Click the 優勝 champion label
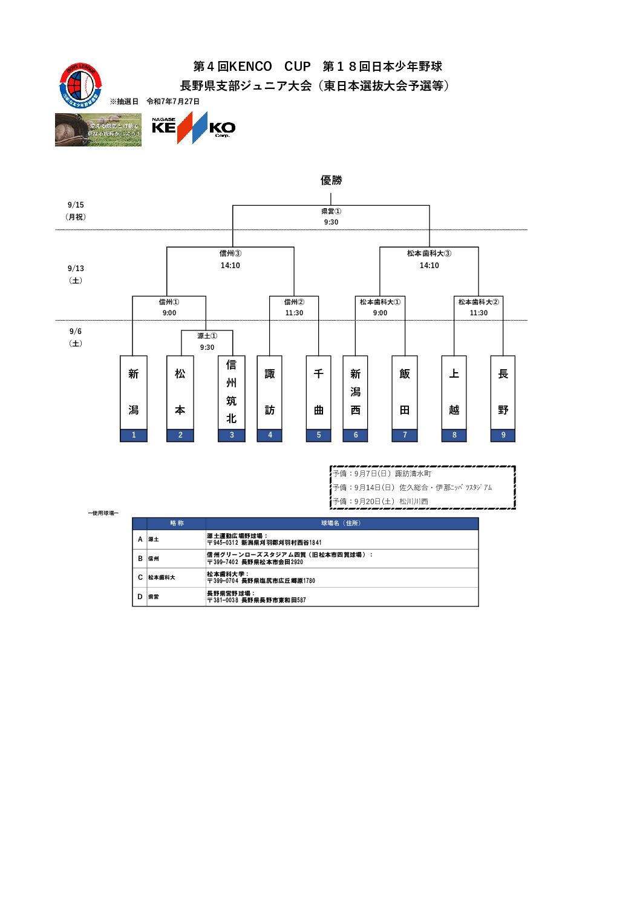(331, 180)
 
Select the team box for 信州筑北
(232, 392)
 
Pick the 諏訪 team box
(270, 392)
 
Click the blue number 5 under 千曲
(319, 435)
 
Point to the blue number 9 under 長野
(503, 435)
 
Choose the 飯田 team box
(405, 392)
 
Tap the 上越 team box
(454, 392)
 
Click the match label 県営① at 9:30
(331, 211)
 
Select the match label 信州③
(230, 254)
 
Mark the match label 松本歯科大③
(429, 254)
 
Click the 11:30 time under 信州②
(294, 313)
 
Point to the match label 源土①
(207, 336)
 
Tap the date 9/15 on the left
(76, 205)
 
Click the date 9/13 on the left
(76, 269)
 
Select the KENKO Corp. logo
(194, 128)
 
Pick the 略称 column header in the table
(177, 524)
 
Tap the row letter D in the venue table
(140, 597)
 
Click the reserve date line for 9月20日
(380, 502)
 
